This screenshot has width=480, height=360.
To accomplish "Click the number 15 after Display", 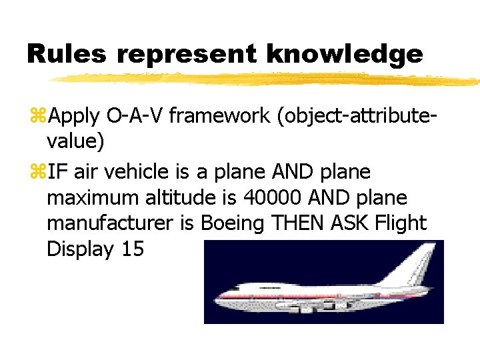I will [133, 249].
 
